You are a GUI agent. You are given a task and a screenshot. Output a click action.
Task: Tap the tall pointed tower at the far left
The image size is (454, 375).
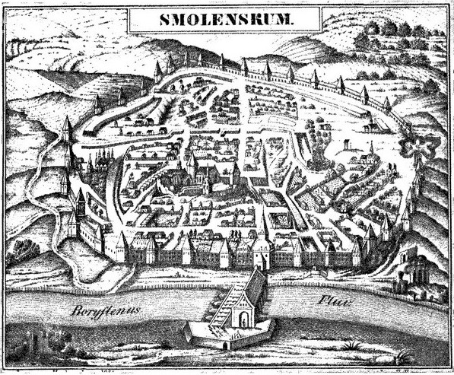(67, 137)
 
